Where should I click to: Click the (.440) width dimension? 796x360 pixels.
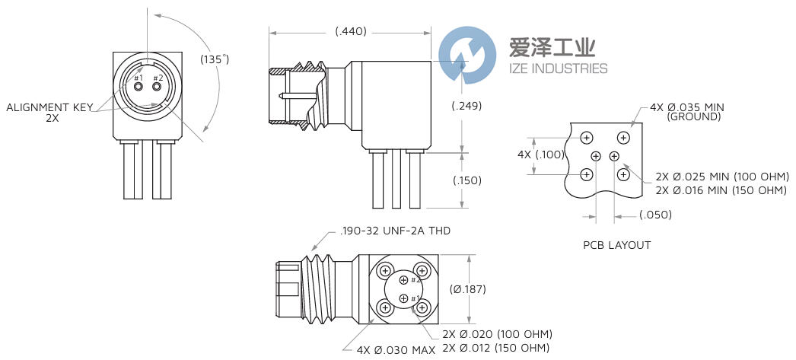point(351,31)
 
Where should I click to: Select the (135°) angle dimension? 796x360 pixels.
point(215,59)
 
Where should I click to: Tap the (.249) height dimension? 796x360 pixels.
point(466,106)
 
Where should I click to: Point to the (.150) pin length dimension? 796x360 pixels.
point(466,180)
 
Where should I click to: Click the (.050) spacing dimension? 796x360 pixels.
point(655,215)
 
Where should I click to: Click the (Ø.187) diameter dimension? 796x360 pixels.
point(467,289)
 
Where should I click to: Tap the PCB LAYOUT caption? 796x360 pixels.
point(617,245)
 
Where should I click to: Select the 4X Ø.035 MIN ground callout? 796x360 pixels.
point(686,111)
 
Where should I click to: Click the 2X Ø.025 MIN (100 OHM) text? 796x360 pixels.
point(721,177)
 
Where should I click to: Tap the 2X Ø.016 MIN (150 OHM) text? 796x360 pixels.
point(721,190)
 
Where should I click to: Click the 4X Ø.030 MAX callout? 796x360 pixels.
point(396,349)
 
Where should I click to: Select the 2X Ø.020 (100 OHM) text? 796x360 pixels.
point(497,334)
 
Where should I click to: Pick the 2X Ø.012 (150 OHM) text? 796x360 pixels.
point(497,348)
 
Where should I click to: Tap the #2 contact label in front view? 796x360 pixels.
point(158,78)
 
